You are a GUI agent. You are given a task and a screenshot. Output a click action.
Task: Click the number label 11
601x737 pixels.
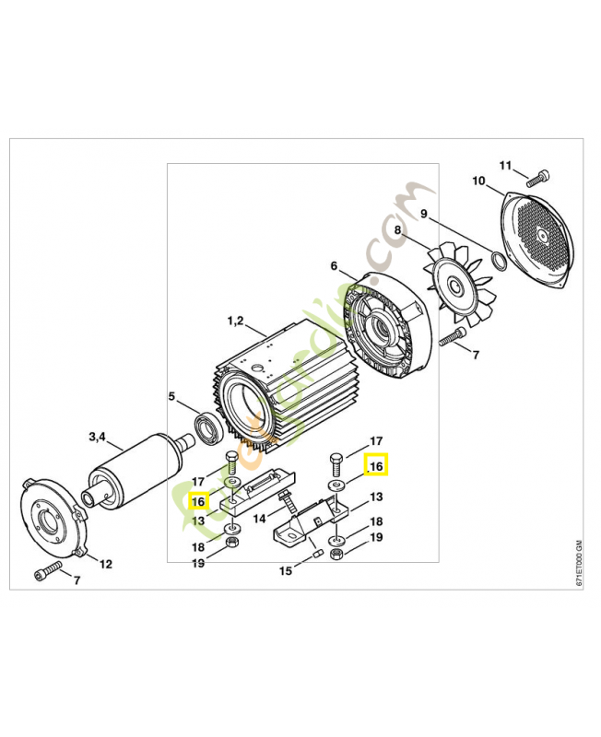click(x=505, y=165)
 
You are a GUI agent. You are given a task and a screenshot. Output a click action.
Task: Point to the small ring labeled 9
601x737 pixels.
click(x=499, y=260)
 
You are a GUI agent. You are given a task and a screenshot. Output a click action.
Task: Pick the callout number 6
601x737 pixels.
click(x=334, y=266)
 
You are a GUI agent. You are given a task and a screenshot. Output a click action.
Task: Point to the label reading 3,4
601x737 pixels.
click(x=97, y=436)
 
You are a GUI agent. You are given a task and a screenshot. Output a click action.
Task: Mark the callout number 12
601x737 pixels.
click(x=106, y=563)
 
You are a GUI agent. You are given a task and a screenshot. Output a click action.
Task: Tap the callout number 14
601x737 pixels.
click(x=259, y=519)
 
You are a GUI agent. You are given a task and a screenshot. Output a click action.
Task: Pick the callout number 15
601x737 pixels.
click(x=286, y=571)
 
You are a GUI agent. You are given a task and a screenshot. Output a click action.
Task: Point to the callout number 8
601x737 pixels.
click(x=398, y=230)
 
